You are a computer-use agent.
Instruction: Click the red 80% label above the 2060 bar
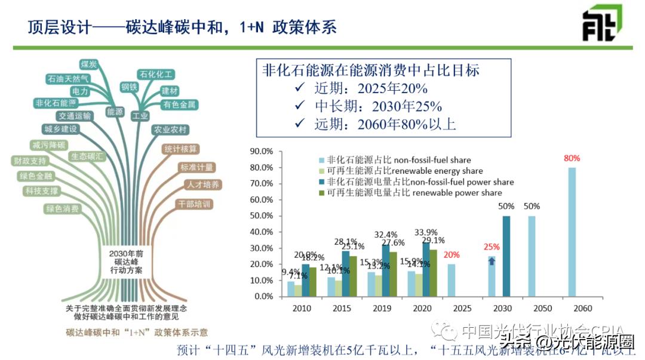click(572, 159)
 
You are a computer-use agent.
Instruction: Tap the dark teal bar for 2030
click(506, 256)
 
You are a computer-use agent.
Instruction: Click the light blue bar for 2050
click(531, 256)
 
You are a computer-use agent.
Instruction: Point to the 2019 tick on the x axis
click(383, 309)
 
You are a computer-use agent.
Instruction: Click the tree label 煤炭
click(89, 64)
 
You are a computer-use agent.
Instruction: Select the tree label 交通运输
click(75, 116)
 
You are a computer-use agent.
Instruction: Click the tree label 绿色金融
click(36, 177)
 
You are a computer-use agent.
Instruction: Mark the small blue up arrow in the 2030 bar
click(492, 260)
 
